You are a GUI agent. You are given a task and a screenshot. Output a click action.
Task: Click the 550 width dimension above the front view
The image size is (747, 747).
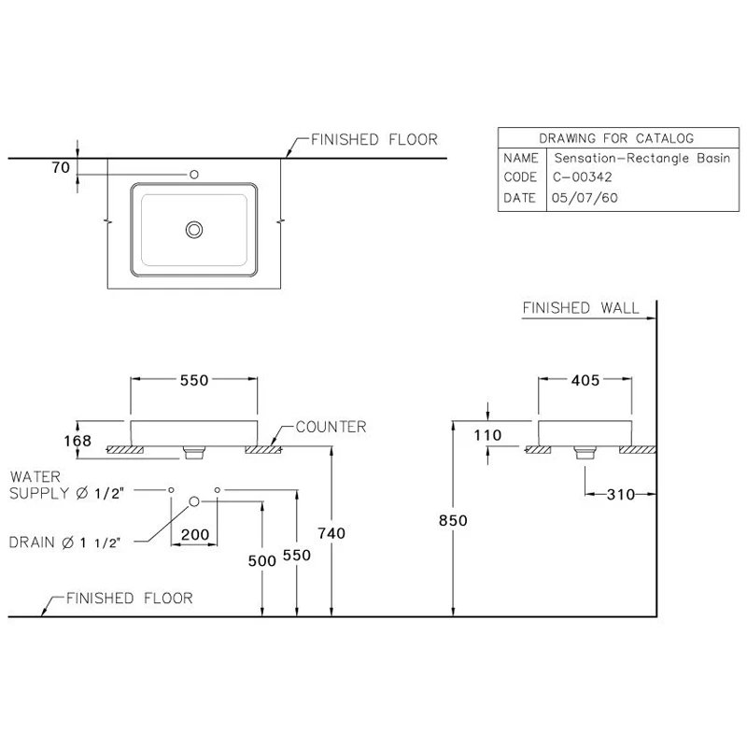pos(193,380)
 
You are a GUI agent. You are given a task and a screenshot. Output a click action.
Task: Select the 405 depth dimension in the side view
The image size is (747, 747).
pos(586,380)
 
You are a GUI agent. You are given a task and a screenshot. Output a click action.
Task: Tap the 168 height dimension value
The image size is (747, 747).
pos(78,440)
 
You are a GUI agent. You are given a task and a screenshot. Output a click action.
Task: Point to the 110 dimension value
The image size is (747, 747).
pos(488,435)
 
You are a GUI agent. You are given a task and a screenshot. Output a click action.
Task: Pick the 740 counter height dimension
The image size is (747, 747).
pos(331,532)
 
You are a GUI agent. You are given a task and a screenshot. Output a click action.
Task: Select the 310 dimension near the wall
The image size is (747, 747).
pos(620,495)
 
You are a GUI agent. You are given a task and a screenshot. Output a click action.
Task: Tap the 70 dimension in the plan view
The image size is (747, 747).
pos(62,168)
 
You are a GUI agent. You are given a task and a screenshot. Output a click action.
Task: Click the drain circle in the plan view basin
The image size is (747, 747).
pos(194,229)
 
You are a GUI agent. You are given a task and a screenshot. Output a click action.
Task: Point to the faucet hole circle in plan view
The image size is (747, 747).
pos(194,173)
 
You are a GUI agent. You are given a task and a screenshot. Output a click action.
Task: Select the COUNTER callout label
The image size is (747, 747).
pos(331,427)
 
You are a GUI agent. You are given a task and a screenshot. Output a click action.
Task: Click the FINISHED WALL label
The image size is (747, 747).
pos(581,307)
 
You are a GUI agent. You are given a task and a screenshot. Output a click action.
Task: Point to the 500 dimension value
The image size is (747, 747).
pos(263,560)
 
